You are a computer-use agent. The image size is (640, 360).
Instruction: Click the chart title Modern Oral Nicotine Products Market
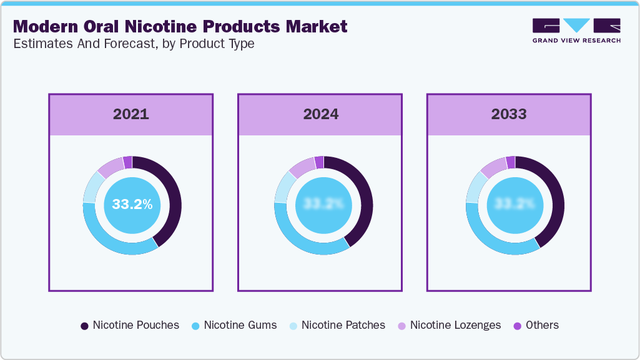180,27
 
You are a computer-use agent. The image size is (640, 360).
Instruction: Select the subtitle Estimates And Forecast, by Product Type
133,44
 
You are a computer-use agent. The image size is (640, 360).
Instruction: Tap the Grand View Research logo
576,31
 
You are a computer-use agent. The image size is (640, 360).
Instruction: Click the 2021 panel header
131,114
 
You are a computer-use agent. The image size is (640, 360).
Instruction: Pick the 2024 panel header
320,114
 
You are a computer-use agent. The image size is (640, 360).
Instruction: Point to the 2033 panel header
509,114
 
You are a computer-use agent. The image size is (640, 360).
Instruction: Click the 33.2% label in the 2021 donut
132,204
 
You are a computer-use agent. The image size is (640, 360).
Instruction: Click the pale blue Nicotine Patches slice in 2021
91,187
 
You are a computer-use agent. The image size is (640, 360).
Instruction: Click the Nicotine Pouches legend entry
130,325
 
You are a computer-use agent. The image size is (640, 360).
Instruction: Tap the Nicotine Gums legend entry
234,325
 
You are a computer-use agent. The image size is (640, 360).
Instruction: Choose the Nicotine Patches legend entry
337,325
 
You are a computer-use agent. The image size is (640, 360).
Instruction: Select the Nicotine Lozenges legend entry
450,325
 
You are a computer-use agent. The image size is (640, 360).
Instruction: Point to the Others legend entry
536,325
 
